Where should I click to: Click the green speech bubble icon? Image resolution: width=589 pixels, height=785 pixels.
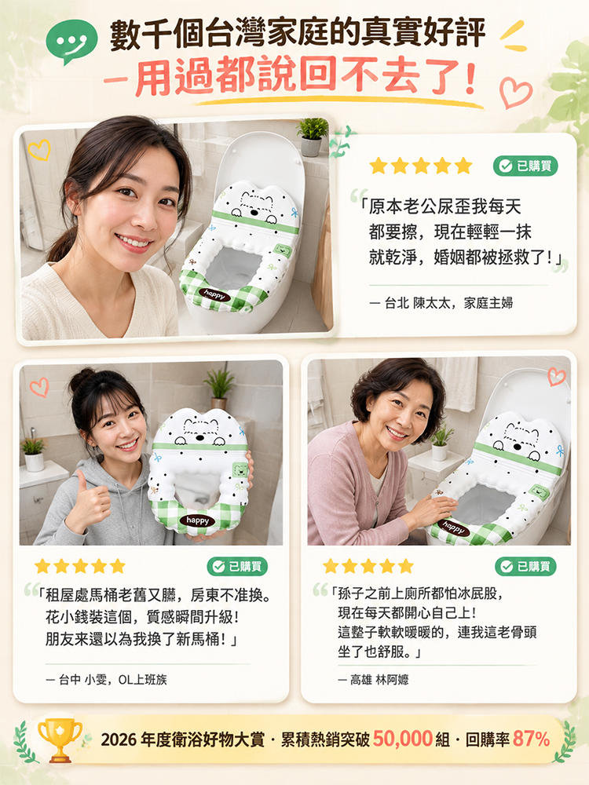(71, 41)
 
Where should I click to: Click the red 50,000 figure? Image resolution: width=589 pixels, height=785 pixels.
(403, 739)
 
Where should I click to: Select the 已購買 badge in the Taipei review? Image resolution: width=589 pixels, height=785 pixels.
(525, 166)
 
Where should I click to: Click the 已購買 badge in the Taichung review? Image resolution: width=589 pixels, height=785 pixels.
(237, 566)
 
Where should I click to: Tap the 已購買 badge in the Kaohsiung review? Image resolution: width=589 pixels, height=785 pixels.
(525, 566)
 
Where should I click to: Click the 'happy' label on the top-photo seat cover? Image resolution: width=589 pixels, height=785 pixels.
(215, 295)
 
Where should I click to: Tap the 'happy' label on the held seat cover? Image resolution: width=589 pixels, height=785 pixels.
(198, 520)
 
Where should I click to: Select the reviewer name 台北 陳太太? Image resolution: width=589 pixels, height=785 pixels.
(419, 303)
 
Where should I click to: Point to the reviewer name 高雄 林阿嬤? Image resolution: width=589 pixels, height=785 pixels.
(379, 679)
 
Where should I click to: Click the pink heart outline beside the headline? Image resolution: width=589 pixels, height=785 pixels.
(516, 93)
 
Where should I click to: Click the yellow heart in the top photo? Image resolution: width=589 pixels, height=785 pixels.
(39, 150)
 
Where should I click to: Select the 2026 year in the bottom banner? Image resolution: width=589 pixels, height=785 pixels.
(119, 739)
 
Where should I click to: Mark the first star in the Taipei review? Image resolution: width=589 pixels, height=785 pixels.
(379, 166)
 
